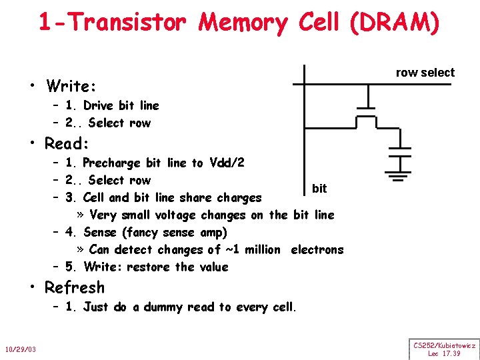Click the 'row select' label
pos(425,73)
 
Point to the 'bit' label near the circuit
pos(319,189)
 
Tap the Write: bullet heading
pos(71,87)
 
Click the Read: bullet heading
pos(67,144)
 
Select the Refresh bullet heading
pos(74,288)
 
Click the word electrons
pos(317,250)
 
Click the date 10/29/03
pos(20,350)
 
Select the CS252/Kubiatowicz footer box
pos(444,349)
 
